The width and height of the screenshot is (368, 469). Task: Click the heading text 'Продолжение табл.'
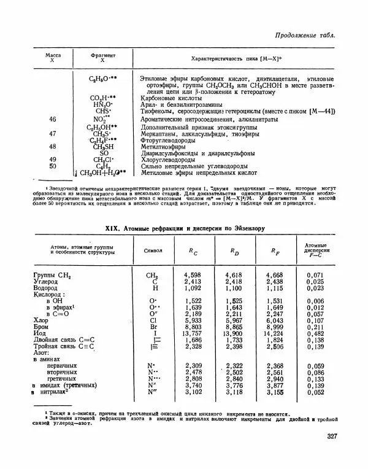pos(305,34)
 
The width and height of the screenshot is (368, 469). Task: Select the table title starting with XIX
pos(185,228)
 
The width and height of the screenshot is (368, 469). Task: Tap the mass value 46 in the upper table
pos(52,119)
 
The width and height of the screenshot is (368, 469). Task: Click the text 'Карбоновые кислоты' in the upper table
pos(172,97)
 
